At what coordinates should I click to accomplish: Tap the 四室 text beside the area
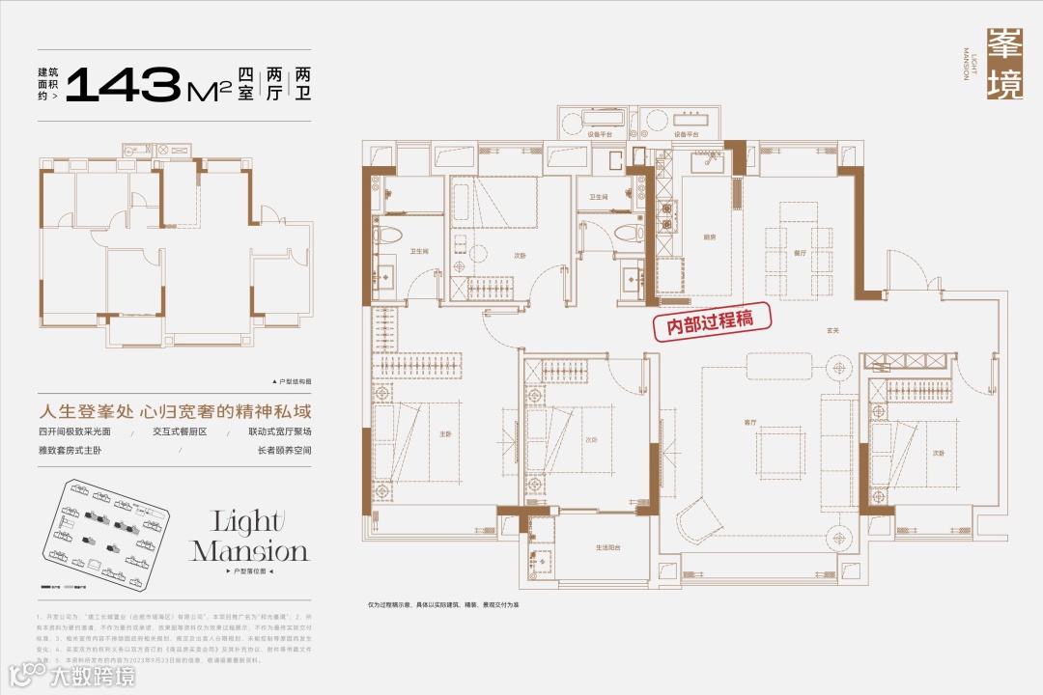click(245, 86)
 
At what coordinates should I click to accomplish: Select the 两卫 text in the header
click(302, 86)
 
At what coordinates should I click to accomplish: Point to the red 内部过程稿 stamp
click(702, 322)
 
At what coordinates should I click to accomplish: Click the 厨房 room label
click(711, 236)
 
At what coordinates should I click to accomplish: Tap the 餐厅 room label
click(800, 252)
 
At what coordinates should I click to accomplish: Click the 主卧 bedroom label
click(445, 434)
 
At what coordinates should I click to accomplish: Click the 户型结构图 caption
click(292, 381)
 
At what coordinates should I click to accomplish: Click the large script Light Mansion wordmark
click(249, 537)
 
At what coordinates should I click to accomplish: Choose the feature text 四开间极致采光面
click(77, 431)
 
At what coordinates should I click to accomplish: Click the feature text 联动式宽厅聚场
click(279, 431)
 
